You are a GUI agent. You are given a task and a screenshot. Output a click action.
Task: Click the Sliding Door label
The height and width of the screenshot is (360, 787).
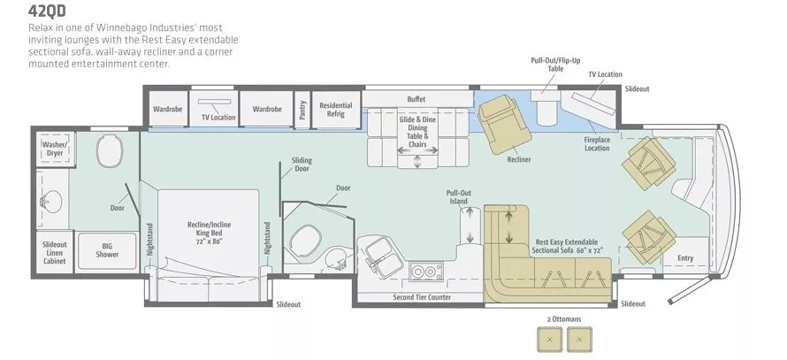[302, 164]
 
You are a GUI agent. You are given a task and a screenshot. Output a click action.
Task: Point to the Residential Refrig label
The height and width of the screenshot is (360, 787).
[336, 110]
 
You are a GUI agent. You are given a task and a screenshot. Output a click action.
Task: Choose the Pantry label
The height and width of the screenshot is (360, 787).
[302, 109]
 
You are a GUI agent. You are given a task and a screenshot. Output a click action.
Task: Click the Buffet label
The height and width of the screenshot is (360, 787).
[416, 98]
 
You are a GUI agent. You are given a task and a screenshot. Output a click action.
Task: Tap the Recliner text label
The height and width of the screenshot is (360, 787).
[519, 159]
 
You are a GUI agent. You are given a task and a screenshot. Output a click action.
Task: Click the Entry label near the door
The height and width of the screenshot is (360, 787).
[685, 258]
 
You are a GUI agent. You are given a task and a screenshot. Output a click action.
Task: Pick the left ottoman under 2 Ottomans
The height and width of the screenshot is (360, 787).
[550, 339]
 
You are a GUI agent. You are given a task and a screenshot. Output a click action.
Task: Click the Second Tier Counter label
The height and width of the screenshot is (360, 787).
[422, 297]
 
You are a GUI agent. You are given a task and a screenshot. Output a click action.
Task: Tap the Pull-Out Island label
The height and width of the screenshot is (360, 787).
[458, 196]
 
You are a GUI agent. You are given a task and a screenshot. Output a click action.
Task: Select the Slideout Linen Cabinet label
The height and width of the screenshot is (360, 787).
[54, 251]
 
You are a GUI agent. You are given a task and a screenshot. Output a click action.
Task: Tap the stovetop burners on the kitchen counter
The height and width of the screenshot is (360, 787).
[424, 270]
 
